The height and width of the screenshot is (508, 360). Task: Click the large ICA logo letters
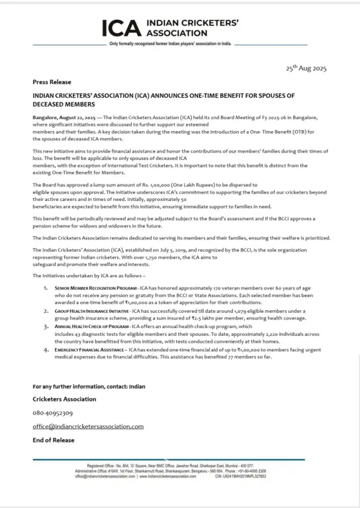click(x=122, y=27)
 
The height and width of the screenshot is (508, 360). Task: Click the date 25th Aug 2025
click(x=306, y=69)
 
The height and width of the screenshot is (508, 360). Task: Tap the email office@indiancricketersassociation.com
click(x=88, y=427)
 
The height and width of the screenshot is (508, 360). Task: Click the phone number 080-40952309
click(x=53, y=413)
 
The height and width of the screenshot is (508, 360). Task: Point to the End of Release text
click(x=54, y=440)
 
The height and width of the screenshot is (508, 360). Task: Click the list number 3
click(x=46, y=308)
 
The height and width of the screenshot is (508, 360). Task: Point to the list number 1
click(x=46, y=271)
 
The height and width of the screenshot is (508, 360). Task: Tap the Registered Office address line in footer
click(x=179, y=465)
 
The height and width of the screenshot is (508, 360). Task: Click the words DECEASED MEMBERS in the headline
click(x=64, y=104)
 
